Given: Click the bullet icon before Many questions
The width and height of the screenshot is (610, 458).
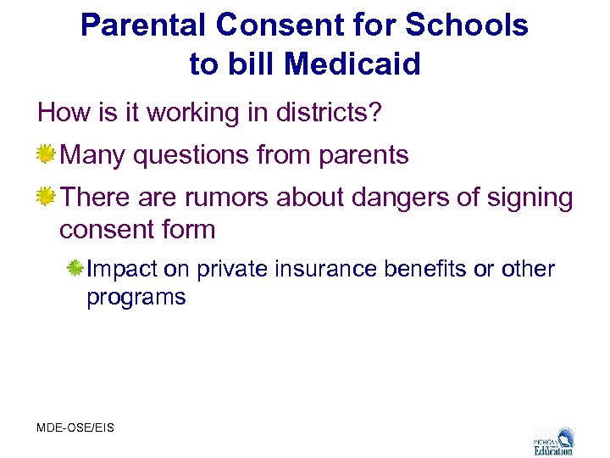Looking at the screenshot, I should tap(46, 154).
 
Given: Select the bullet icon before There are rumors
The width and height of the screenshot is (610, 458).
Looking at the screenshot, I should tap(46, 197).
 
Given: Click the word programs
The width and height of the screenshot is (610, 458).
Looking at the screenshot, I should tap(136, 298).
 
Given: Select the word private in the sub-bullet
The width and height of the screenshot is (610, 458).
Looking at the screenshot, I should tap(230, 270).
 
